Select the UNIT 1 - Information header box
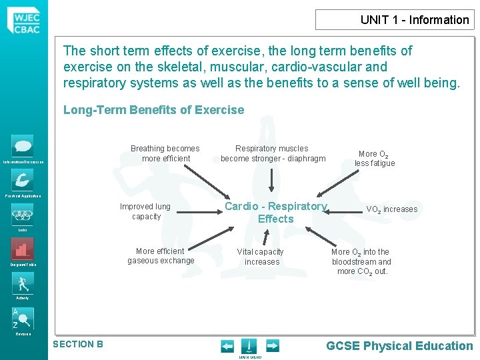point(395,19)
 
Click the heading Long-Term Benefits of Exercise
point(153,110)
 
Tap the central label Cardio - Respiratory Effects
point(275,213)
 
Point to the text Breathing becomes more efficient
point(165,153)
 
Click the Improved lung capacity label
point(145,211)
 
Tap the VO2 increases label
point(392,209)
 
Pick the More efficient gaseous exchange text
point(161,256)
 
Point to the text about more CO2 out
point(361,261)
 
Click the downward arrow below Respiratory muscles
point(271,179)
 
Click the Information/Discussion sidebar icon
point(23,146)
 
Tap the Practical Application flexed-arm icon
point(23,179)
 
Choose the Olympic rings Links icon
point(23,215)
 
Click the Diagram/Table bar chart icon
point(23,249)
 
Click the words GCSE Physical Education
point(399,345)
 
